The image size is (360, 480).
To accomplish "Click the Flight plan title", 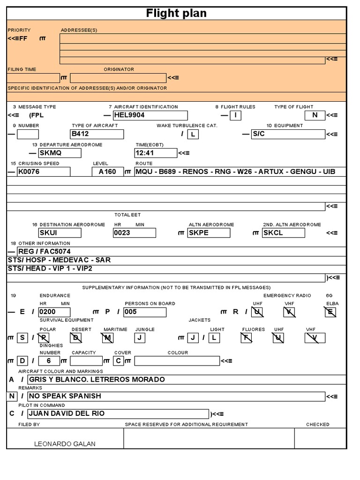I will coord(176,13).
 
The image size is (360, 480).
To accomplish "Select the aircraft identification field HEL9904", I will coord(150,115).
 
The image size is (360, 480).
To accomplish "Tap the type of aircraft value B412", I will coord(97,134).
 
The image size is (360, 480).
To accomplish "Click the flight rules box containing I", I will coord(235,115).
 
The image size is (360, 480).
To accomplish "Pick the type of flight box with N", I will coord(315,115).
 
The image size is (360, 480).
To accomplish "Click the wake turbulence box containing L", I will coord(193,135).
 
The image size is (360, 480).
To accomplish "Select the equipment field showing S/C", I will coord(288,134).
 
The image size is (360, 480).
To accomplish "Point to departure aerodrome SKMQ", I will coord(60,153).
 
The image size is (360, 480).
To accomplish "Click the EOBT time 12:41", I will coord(156,153).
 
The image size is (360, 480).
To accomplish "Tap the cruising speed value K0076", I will coord(44,172).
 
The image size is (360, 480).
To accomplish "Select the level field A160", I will coord(108,172).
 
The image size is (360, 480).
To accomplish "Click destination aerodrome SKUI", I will coord(60,233).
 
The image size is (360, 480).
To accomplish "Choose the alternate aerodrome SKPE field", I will coord(209,233).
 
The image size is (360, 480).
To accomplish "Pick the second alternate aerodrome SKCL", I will coord(283,233).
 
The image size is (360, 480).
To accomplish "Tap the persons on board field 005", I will coord(145,312).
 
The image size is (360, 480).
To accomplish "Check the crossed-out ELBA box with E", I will coord(331,312).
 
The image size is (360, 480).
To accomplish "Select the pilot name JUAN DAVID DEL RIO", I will coord(118,414).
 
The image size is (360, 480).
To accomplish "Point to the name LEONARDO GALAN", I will coord(65,444).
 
